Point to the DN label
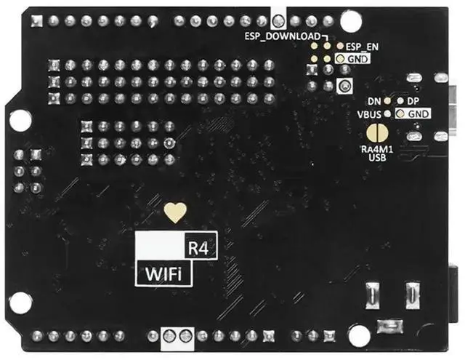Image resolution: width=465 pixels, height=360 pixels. pos(374,100)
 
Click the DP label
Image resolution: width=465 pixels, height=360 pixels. pos(412,100)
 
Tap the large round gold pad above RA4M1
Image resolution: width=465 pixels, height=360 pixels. pos(376,133)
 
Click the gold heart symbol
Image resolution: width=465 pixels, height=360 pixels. pos(174,212)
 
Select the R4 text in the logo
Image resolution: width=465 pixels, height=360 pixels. pos(198,247)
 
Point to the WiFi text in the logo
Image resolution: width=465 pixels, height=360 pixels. pos(163,274)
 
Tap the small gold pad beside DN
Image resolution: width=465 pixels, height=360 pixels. pos(388,100)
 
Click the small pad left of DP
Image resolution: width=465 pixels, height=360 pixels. pos(400,100)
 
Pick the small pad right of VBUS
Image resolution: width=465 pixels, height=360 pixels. pos(388,114)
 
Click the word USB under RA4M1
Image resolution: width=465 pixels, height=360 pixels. pos(376,157)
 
